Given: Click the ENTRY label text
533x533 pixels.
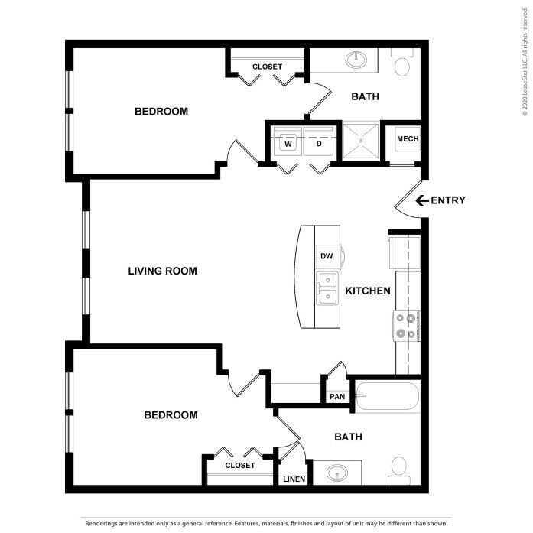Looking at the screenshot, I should [448, 200].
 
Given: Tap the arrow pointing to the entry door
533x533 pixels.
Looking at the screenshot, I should [421, 200].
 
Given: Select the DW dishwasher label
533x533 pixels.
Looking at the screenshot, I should [326, 256].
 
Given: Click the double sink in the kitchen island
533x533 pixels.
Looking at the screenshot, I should [327, 289].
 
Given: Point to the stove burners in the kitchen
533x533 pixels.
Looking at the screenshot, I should [406, 326].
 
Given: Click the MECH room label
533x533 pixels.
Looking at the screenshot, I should [407, 138].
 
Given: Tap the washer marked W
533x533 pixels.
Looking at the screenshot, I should [289, 143].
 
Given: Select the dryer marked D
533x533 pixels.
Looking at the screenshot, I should [318, 143].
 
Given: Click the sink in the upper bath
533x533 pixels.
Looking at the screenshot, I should [356, 59].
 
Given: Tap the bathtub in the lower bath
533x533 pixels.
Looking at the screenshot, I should [387, 397].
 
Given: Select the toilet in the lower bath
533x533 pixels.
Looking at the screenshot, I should [398, 467].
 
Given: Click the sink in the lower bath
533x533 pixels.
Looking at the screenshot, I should [336, 473].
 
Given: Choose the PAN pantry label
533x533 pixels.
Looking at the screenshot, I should [336, 397].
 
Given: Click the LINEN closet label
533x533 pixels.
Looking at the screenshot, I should [294, 479].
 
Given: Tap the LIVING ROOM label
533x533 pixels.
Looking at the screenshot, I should [162, 271].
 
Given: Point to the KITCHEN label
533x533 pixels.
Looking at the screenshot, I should [368, 291].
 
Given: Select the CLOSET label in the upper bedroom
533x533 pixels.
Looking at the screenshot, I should [267, 67].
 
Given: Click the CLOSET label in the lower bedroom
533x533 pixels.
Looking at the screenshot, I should [239, 465].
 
